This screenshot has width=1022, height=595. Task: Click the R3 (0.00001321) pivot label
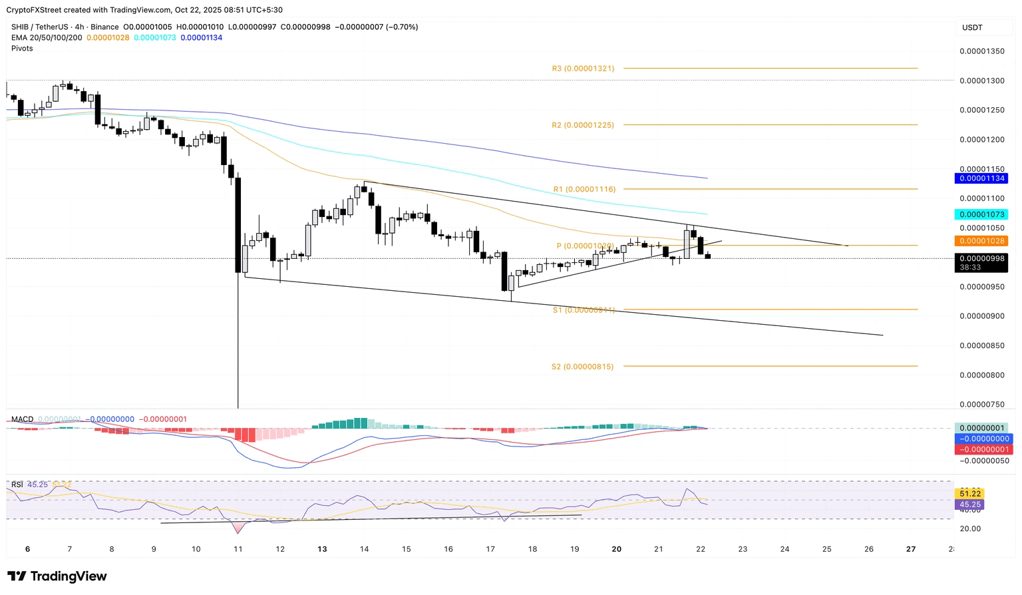[583, 69]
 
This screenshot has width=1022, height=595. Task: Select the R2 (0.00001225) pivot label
[583, 125]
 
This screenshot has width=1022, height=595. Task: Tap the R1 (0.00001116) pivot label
[584, 190]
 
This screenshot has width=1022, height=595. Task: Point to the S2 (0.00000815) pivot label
[582, 367]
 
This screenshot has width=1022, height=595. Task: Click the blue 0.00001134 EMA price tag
[981, 178]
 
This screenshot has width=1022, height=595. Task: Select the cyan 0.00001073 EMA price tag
[981, 214]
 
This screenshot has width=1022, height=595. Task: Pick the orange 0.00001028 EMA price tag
[981, 241]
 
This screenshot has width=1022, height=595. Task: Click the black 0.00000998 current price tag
[981, 259]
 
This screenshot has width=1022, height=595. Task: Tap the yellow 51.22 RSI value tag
[970, 493]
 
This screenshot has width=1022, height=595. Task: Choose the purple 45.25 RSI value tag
[970, 504]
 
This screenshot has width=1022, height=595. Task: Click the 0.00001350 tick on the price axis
[981, 51]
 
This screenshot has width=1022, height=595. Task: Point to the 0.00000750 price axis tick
[981, 405]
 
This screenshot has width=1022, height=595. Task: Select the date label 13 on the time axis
[322, 549]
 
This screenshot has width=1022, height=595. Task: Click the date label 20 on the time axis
[617, 549]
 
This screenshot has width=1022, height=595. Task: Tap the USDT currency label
[972, 27]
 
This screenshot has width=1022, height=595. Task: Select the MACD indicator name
[22, 419]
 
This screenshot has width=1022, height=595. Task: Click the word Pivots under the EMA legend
[22, 49]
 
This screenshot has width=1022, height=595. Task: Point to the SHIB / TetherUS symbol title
[39, 27]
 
